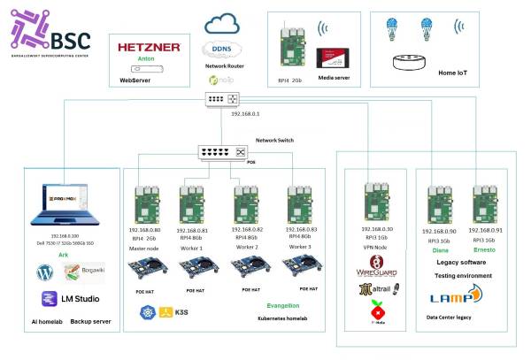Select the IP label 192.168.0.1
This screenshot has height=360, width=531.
[244, 114]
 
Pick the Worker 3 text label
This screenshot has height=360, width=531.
[299, 248]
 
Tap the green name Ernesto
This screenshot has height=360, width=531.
[483, 249]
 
